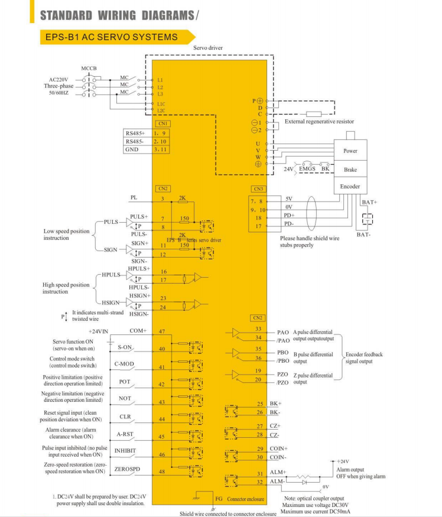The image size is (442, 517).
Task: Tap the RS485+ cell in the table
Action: tap(135, 133)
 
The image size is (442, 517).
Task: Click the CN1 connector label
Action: tap(162, 123)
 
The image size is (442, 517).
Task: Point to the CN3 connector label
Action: tap(258, 188)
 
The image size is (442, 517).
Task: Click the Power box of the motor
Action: tap(350, 151)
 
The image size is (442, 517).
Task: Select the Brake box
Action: tap(350, 170)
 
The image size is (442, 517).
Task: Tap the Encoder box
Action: tap(350, 186)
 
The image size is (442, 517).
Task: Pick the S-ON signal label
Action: tap(125, 347)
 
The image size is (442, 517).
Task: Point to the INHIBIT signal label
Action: tap(125, 451)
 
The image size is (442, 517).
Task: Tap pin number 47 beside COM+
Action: tap(162, 331)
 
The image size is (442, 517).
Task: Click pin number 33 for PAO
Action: tap(258, 329)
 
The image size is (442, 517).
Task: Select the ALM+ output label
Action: tap(278, 473)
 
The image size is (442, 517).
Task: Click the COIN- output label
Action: tap(278, 457)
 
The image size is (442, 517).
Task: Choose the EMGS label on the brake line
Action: tap(307, 169)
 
